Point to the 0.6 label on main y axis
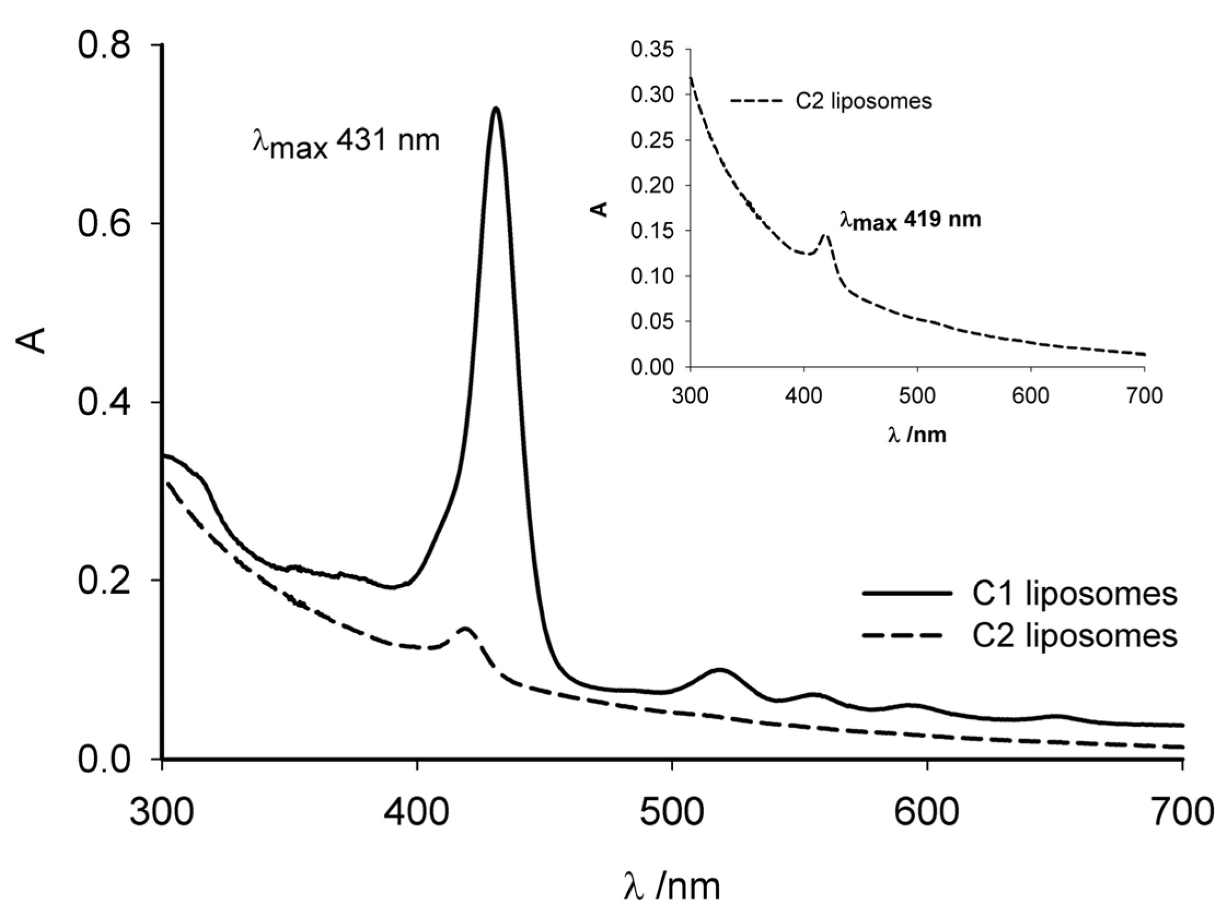[x=104, y=224]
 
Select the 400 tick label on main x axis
[x=417, y=813]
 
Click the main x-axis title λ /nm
[x=672, y=886]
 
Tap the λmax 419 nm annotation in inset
[x=910, y=220]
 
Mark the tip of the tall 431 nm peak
[x=495, y=108]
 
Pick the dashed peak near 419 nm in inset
[x=826, y=235]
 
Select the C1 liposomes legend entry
[x=1019, y=594]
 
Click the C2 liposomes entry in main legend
[x=1019, y=635]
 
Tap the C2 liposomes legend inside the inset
[x=831, y=101]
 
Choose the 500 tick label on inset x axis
[x=917, y=396]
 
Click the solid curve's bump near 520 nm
[x=720, y=670]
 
